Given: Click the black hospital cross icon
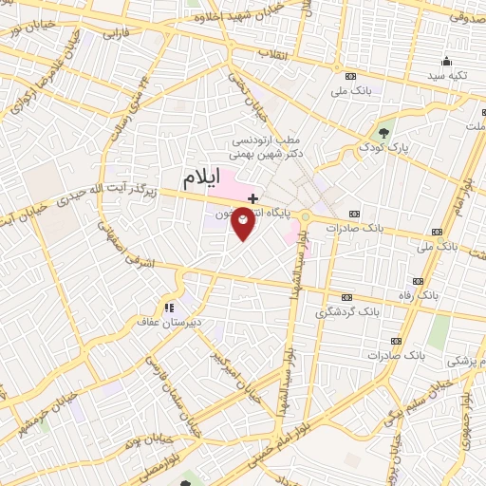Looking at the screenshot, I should (252, 197).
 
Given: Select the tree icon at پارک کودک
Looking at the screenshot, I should (383, 132).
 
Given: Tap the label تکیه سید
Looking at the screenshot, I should (447, 74).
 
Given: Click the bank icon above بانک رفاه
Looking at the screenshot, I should (418, 281).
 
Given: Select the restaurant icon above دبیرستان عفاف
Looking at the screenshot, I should (169, 308).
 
